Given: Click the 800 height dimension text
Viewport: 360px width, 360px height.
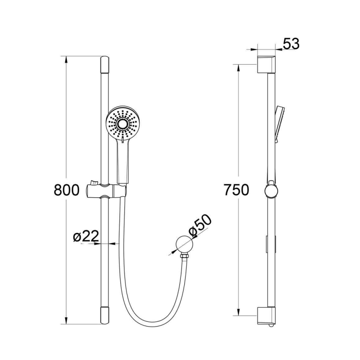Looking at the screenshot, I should point(67,190).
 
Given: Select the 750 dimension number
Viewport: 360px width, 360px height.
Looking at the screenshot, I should point(236,190).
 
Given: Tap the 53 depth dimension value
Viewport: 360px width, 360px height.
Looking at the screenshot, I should point(291,44).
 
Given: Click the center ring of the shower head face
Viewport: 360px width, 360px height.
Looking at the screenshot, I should point(123,123).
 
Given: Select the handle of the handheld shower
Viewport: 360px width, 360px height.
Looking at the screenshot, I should point(122,163).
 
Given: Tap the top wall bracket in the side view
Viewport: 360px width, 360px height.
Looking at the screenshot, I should point(266,63).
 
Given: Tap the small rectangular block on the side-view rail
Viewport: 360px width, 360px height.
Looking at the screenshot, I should point(268,244).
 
